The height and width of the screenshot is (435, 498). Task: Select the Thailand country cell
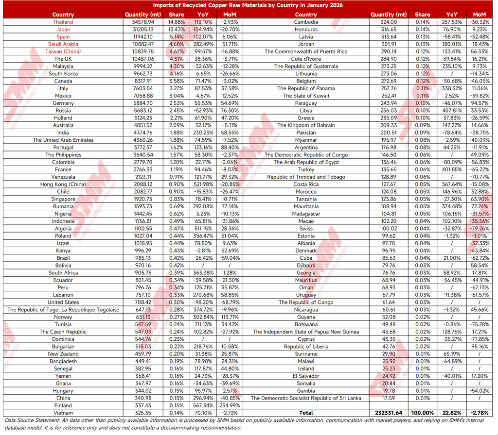pyautogui.click(x=63, y=22)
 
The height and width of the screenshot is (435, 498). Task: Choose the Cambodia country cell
pyautogui.click(x=306, y=22)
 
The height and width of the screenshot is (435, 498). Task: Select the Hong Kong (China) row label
pyautogui.click(x=63, y=184)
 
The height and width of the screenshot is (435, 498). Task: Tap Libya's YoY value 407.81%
pyautogui.click(x=449, y=111)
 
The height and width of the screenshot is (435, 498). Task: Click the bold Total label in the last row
pyautogui.click(x=306, y=413)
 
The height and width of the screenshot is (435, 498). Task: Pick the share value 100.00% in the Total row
pyautogui.click(x=422, y=413)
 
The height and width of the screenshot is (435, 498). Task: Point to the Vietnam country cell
pyautogui.click(x=63, y=413)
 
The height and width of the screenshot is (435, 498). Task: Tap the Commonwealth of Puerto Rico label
pyautogui.click(x=306, y=51)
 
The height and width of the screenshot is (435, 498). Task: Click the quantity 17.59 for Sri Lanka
pyautogui.click(x=389, y=398)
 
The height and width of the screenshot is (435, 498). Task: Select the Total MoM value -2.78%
pyautogui.click(x=480, y=413)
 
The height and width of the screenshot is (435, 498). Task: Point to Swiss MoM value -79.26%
pyautogui.click(x=480, y=229)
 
